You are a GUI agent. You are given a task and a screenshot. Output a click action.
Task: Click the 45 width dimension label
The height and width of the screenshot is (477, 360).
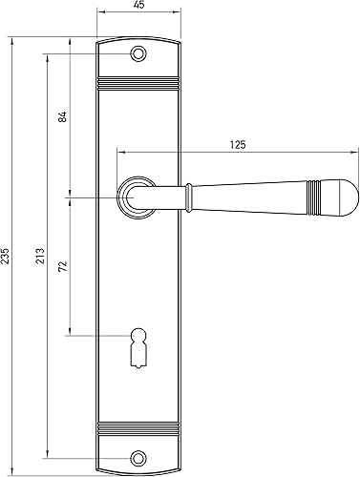click(139, 5)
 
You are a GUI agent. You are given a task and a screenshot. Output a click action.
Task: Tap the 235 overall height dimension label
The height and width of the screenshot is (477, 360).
click(5, 256)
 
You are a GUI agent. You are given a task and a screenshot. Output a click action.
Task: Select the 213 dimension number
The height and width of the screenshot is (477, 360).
click(40, 256)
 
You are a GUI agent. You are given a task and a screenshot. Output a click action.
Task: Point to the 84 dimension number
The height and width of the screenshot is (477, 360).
click(63, 116)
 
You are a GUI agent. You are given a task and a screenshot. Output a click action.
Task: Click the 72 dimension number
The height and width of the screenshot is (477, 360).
click(63, 266)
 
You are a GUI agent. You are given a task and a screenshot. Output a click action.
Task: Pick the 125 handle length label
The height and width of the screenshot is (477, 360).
click(238, 145)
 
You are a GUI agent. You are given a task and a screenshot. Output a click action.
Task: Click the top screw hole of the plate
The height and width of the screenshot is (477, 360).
click(138, 53)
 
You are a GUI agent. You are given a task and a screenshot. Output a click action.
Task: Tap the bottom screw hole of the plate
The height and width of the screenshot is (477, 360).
click(138, 458)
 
